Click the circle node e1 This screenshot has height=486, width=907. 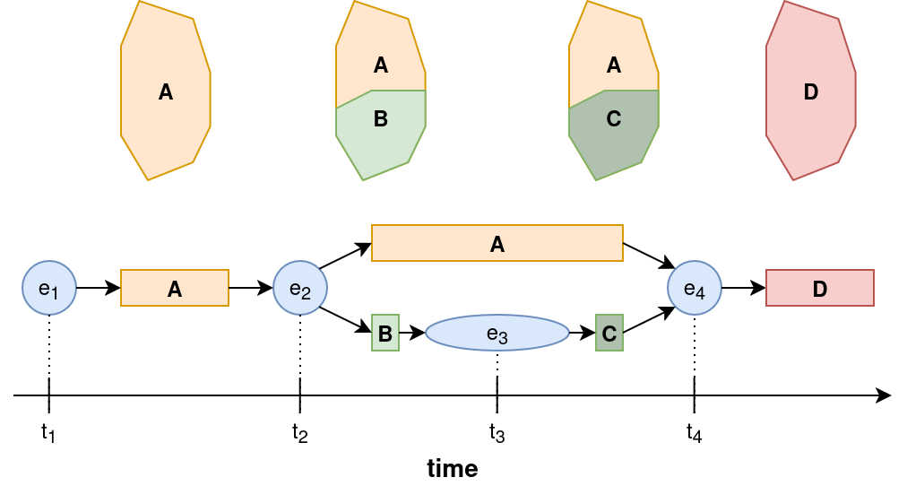click(49, 288)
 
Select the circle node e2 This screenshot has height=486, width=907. click(300, 288)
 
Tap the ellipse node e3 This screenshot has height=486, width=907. click(497, 333)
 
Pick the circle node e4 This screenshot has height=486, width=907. click(695, 288)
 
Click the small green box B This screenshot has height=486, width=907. click(385, 333)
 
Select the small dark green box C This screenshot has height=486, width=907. click(609, 333)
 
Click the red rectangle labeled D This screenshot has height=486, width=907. click(819, 288)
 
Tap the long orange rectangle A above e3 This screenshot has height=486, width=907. click(497, 243)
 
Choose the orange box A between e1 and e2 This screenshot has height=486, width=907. click(175, 288)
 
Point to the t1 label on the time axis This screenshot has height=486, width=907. click(49, 433)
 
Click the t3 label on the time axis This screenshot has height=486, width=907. click(497, 433)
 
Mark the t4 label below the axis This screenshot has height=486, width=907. click(695, 433)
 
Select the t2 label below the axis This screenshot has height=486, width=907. click(300, 433)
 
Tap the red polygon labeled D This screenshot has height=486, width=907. click(811, 91)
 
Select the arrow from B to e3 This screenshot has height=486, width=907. click(411, 333)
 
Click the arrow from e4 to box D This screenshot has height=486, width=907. click(743, 288)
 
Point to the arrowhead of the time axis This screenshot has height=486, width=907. click(885, 395)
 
